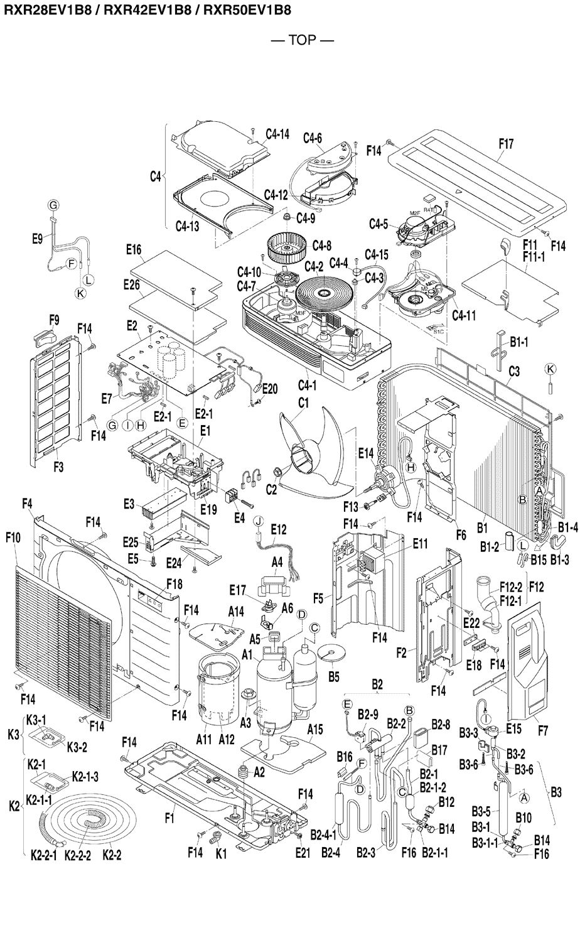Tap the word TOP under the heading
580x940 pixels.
pos(302,40)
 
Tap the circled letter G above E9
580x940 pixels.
pos(53,205)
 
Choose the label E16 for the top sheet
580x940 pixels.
pos(133,249)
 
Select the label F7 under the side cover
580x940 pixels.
pos(544,731)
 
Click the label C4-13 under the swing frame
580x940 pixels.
pos(187,226)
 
